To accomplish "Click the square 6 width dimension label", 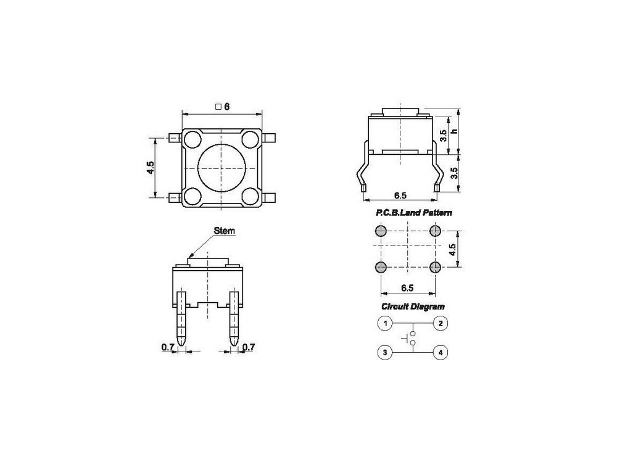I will click(223, 107).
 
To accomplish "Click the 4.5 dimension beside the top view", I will click(150, 169).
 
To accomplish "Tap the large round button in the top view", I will click(221, 168).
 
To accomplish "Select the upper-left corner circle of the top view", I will click(192, 139).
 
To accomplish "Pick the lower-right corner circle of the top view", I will click(250, 197).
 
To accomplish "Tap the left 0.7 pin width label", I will click(167, 347).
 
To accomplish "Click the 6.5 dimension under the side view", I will click(400, 196).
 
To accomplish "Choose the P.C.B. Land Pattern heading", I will click(414, 213).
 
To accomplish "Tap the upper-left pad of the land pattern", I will click(380, 231).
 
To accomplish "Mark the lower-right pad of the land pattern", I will click(435, 267).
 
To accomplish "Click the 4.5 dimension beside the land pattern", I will click(452, 250).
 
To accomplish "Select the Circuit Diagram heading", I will click(413, 307).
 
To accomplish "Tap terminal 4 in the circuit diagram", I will click(441, 353).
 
